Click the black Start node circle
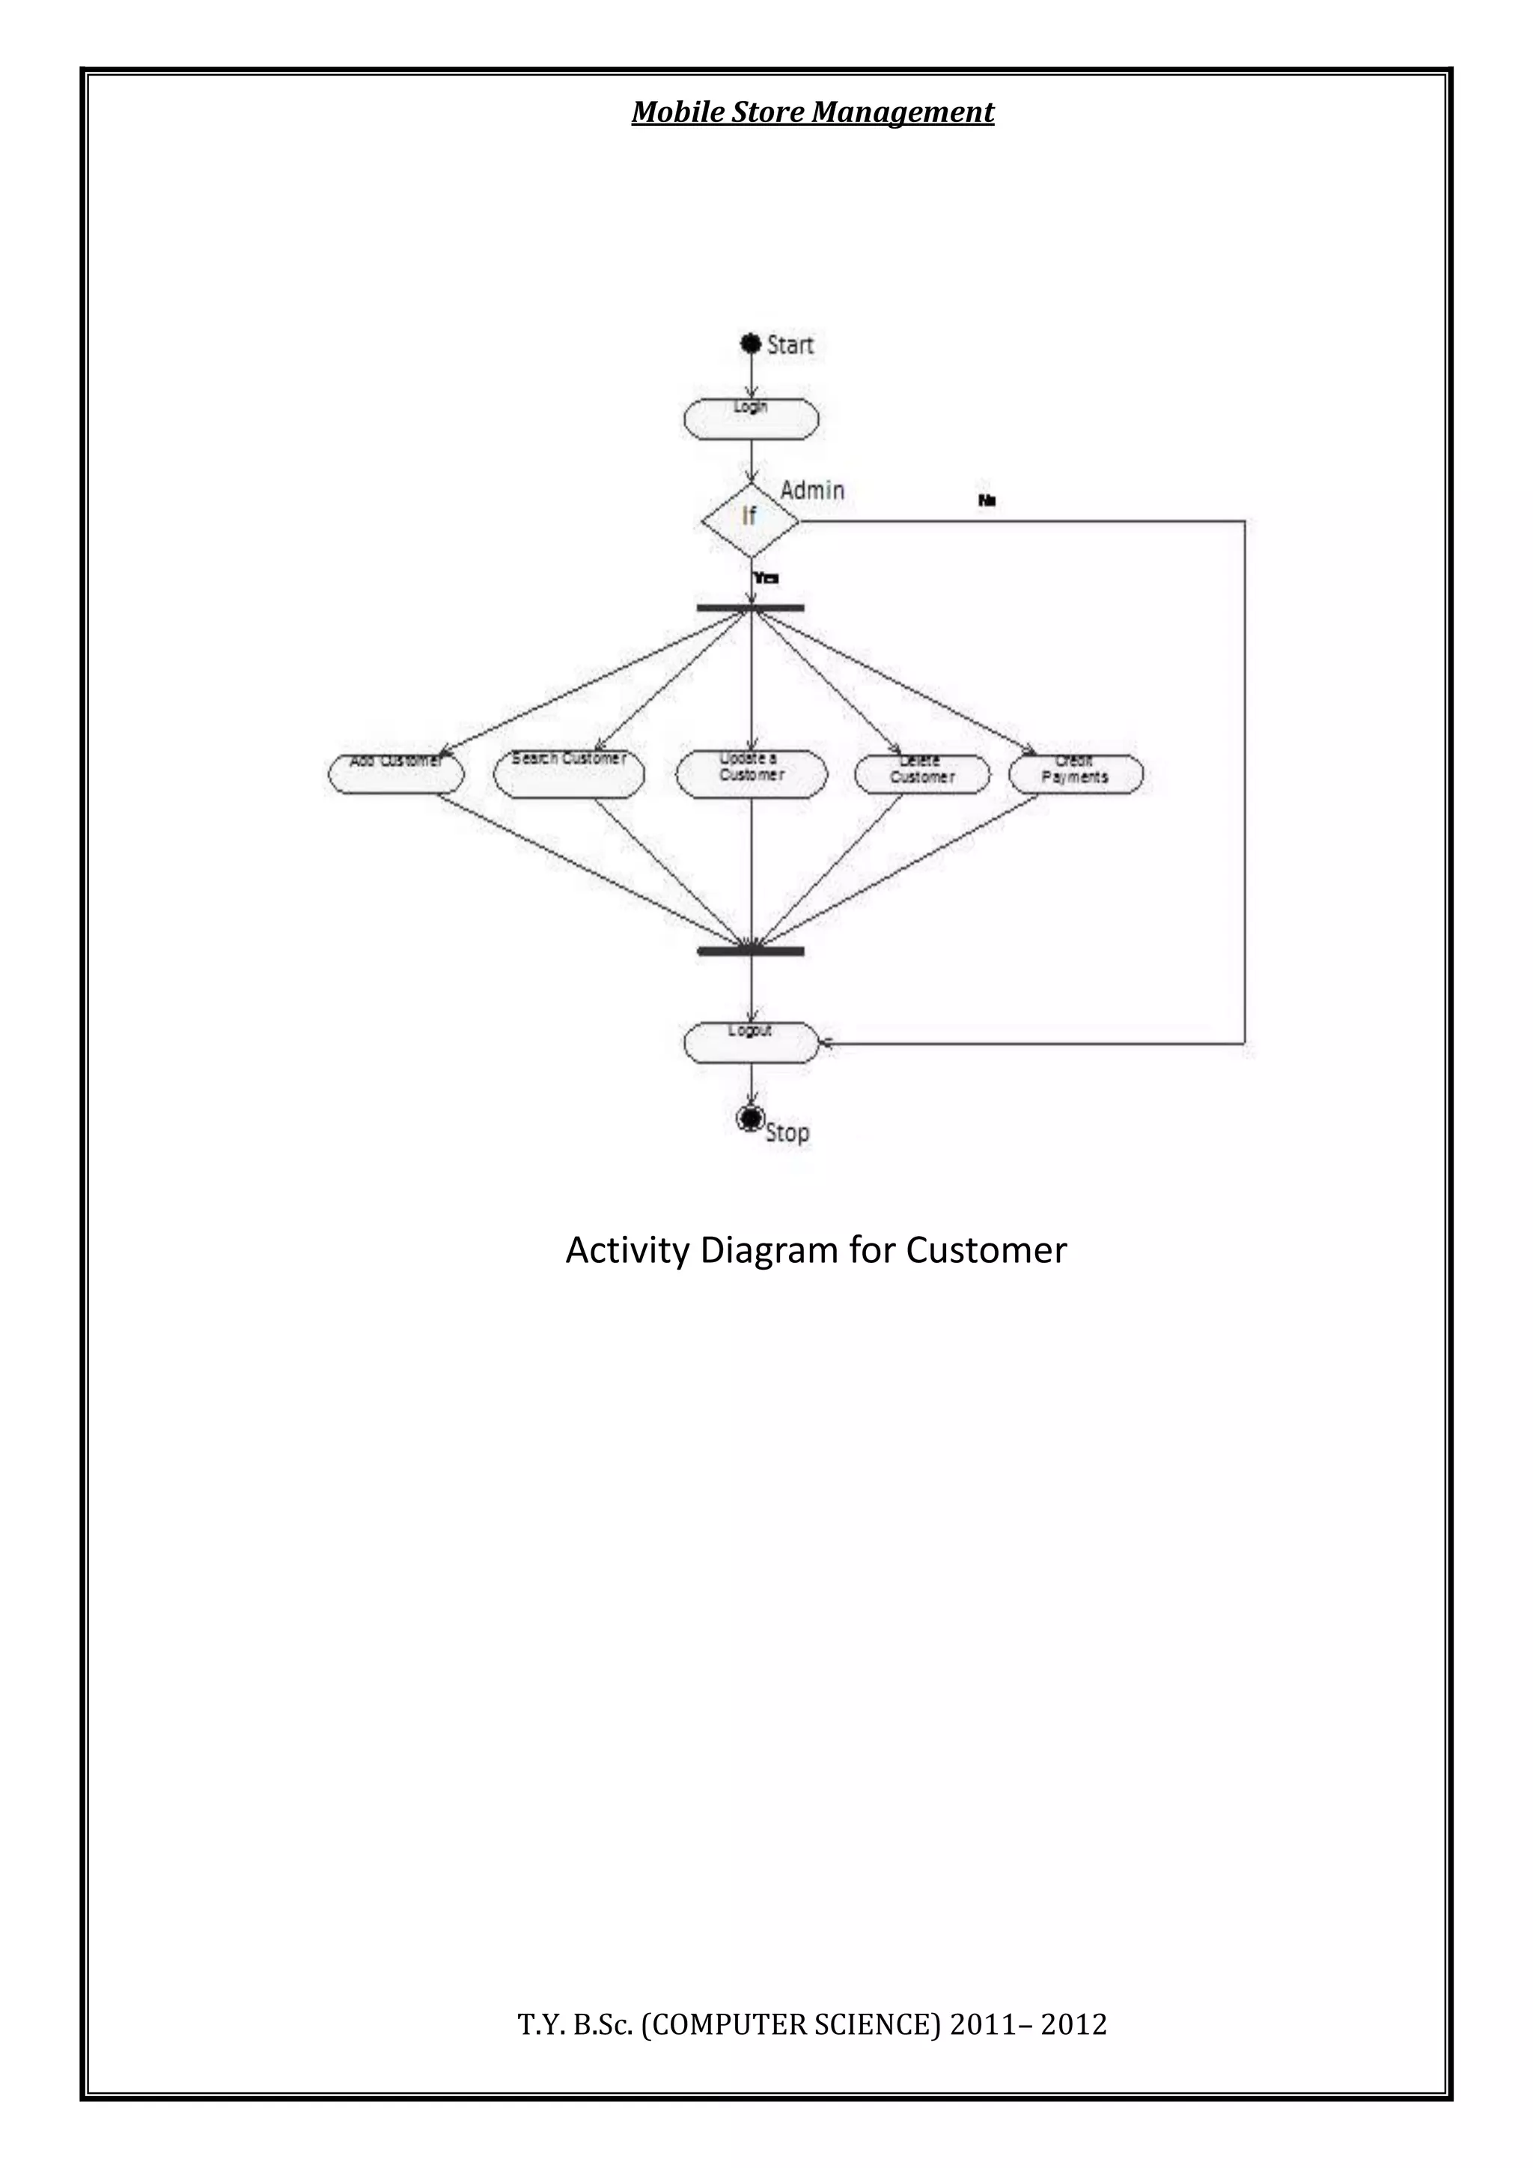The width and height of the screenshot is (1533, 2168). click(752, 344)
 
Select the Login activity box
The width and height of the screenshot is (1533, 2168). click(752, 418)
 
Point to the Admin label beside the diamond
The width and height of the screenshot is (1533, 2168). click(812, 490)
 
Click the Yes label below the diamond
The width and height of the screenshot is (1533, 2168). click(766, 578)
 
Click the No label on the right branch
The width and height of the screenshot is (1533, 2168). click(987, 501)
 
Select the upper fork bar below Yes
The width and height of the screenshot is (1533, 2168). click(751, 608)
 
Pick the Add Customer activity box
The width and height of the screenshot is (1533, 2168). click(397, 773)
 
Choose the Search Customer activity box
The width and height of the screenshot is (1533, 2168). click(569, 773)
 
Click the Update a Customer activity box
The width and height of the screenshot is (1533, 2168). click(752, 773)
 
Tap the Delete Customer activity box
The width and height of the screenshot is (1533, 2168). click(922, 774)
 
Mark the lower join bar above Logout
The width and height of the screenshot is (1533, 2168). click(751, 951)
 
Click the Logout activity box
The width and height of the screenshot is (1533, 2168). click(752, 1041)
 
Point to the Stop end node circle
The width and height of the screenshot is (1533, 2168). click(751, 1118)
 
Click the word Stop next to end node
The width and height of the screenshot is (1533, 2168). click(787, 1132)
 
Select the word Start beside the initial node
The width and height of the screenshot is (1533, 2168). click(790, 344)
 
